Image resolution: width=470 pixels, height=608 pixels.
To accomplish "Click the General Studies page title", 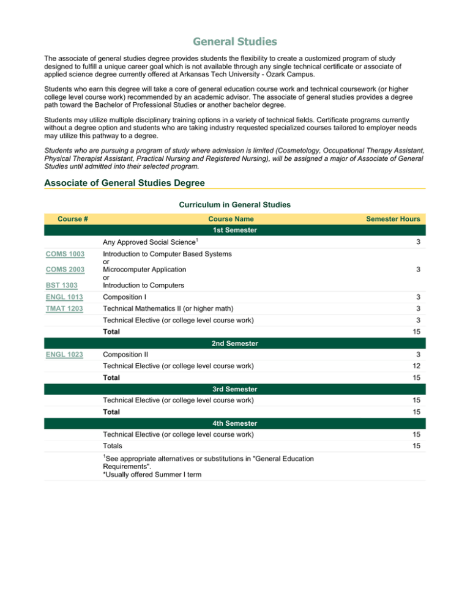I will tap(235, 42).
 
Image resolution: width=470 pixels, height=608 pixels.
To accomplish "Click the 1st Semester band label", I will tap(235, 231).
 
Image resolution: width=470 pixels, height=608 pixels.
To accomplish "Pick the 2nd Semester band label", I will tap(235, 344).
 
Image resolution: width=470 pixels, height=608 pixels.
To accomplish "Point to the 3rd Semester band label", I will tap(235, 389).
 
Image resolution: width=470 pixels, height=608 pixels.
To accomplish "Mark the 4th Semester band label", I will tap(235, 423).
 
